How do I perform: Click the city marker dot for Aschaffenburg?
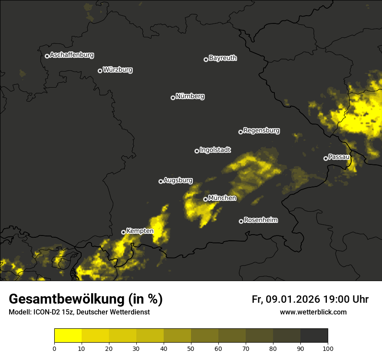click(x=47, y=56)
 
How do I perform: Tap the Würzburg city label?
click(x=118, y=70)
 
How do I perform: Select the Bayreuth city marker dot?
click(x=206, y=59)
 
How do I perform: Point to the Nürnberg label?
click(x=190, y=96)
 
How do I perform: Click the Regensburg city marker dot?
click(x=240, y=132)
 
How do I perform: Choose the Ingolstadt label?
click(x=215, y=150)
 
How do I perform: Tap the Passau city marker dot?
click(x=326, y=158)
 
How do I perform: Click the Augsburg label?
click(x=178, y=180)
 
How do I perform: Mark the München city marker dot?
click(x=205, y=200)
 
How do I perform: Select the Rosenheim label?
click(x=260, y=220)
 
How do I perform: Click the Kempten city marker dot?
click(x=123, y=232)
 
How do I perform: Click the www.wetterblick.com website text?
click(x=313, y=312)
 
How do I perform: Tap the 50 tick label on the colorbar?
click(x=191, y=348)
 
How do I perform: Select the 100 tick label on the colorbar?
click(x=328, y=348)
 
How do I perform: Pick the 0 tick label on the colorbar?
click(x=54, y=348)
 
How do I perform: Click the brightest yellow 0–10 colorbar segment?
click(x=68, y=336)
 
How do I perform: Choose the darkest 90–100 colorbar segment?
click(x=314, y=336)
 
